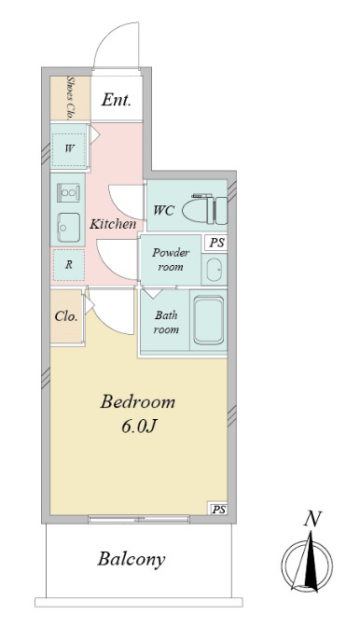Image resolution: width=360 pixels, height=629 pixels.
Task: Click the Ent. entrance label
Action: tap(116, 100)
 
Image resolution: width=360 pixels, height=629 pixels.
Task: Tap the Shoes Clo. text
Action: tap(70, 98)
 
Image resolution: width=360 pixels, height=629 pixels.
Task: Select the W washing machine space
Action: tap(69, 148)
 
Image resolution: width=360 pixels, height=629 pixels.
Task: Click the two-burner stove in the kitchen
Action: tap(68, 192)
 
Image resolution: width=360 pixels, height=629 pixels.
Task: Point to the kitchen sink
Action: tap(68, 228)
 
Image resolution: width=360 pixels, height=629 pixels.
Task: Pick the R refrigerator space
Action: tap(69, 265)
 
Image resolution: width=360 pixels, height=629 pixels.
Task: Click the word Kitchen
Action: tap(113, 224)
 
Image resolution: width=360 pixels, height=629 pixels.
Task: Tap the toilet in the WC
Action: tap(205, 209)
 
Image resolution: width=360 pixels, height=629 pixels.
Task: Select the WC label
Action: tap(163, 210)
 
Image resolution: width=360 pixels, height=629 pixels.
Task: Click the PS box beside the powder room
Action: tap(216, 243)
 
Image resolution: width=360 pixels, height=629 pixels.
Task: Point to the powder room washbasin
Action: tap(215, 270)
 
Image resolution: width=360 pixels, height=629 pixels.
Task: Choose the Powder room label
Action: tap(171, 260)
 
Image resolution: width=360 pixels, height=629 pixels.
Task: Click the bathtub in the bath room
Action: tap(209, 320)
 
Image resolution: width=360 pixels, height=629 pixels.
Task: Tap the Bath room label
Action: tap(166, 322)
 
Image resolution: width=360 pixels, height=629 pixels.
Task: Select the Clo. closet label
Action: tap(66, 316)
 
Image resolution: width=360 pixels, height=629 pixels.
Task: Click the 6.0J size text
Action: tap(138, 426)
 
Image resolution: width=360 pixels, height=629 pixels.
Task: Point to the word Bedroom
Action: tap(137, 401)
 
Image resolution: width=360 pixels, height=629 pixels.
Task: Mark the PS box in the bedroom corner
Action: tap(218, 510)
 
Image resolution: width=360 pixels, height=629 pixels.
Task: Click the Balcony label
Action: tap(132, 559)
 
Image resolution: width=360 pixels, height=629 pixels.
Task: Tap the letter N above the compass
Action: tap(313, 519)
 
